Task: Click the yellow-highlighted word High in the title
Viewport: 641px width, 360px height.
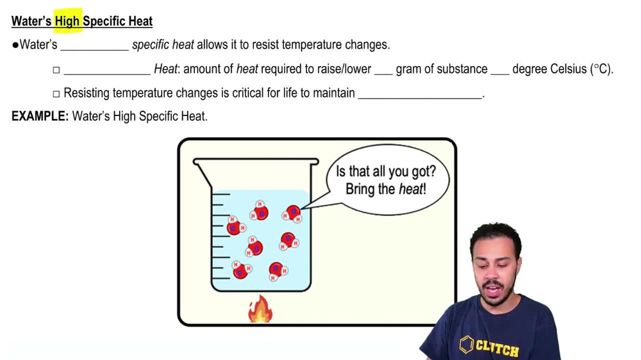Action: pos(67,21)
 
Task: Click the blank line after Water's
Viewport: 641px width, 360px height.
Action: pos(94,46)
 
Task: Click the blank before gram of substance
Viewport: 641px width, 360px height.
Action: pos(383,70)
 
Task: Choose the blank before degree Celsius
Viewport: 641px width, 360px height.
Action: pos(499,70)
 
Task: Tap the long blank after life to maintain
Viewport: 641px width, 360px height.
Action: pos(420,94)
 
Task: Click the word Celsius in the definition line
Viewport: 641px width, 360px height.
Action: pos(568,69)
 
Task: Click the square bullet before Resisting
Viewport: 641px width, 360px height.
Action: pos(56,94)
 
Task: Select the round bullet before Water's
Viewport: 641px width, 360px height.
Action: pos(15,45)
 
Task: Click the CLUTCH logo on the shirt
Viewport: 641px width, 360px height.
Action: pos(490,347)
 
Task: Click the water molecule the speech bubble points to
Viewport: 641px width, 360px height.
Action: pos(292,213)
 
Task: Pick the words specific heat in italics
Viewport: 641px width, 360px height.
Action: pos(163,45)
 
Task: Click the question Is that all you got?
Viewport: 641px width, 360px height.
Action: pos(386,172)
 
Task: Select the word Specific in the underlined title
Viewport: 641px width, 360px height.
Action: pos(106,21)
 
